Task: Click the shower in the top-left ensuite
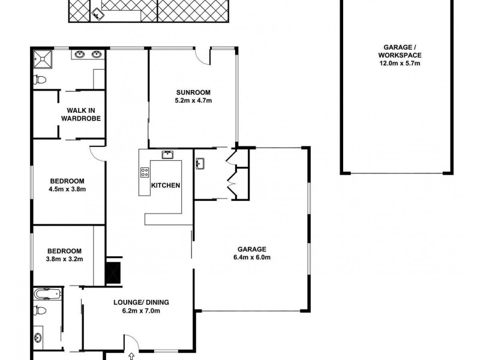click(43, 59)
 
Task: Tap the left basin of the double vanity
click(80, 55)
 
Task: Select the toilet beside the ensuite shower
click(40, 79)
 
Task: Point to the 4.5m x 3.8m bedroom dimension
click(67, 190)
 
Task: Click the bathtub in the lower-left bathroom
click(48, 294)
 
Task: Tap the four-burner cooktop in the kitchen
click(145, 173)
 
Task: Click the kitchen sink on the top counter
click(167, 155)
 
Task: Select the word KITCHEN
click(165, 185)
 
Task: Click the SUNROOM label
click(193, 92)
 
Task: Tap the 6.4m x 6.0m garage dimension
click(253, 258)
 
